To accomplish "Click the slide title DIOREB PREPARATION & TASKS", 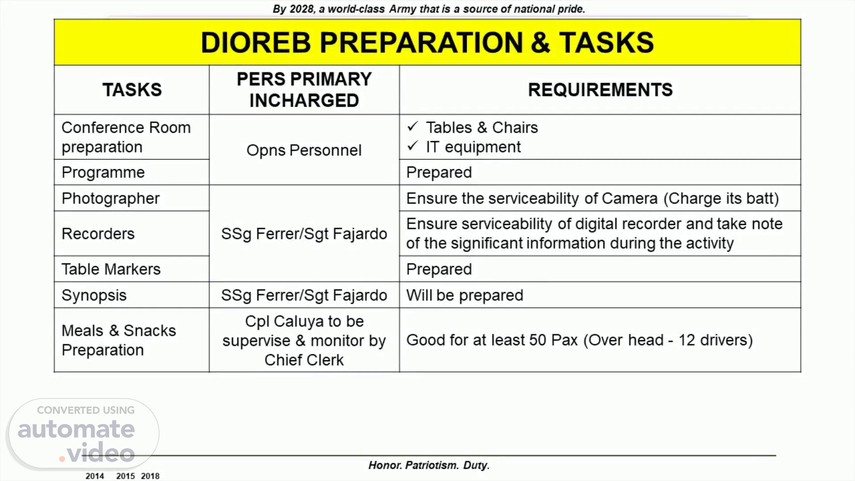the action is pyautogui.click(x=427, y=43).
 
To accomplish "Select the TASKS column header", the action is pyautogui.click(x=132, y=90).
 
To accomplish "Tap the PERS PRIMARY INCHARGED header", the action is pyautogui.click(x=304, y=90).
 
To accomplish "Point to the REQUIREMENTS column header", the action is pyautogui.click(x=600, y=90).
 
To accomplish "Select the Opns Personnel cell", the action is pyautogui.click(x=304, y=151).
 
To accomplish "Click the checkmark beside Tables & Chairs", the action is pyautogui.click(x=413, y=126).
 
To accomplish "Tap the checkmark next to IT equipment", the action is pyautogui.click(x=413, y=146).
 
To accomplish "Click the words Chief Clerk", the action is pyautogui.click(x=304, y=360).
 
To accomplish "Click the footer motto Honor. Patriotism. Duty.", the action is pyautogui.click(x=429, y=465).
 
